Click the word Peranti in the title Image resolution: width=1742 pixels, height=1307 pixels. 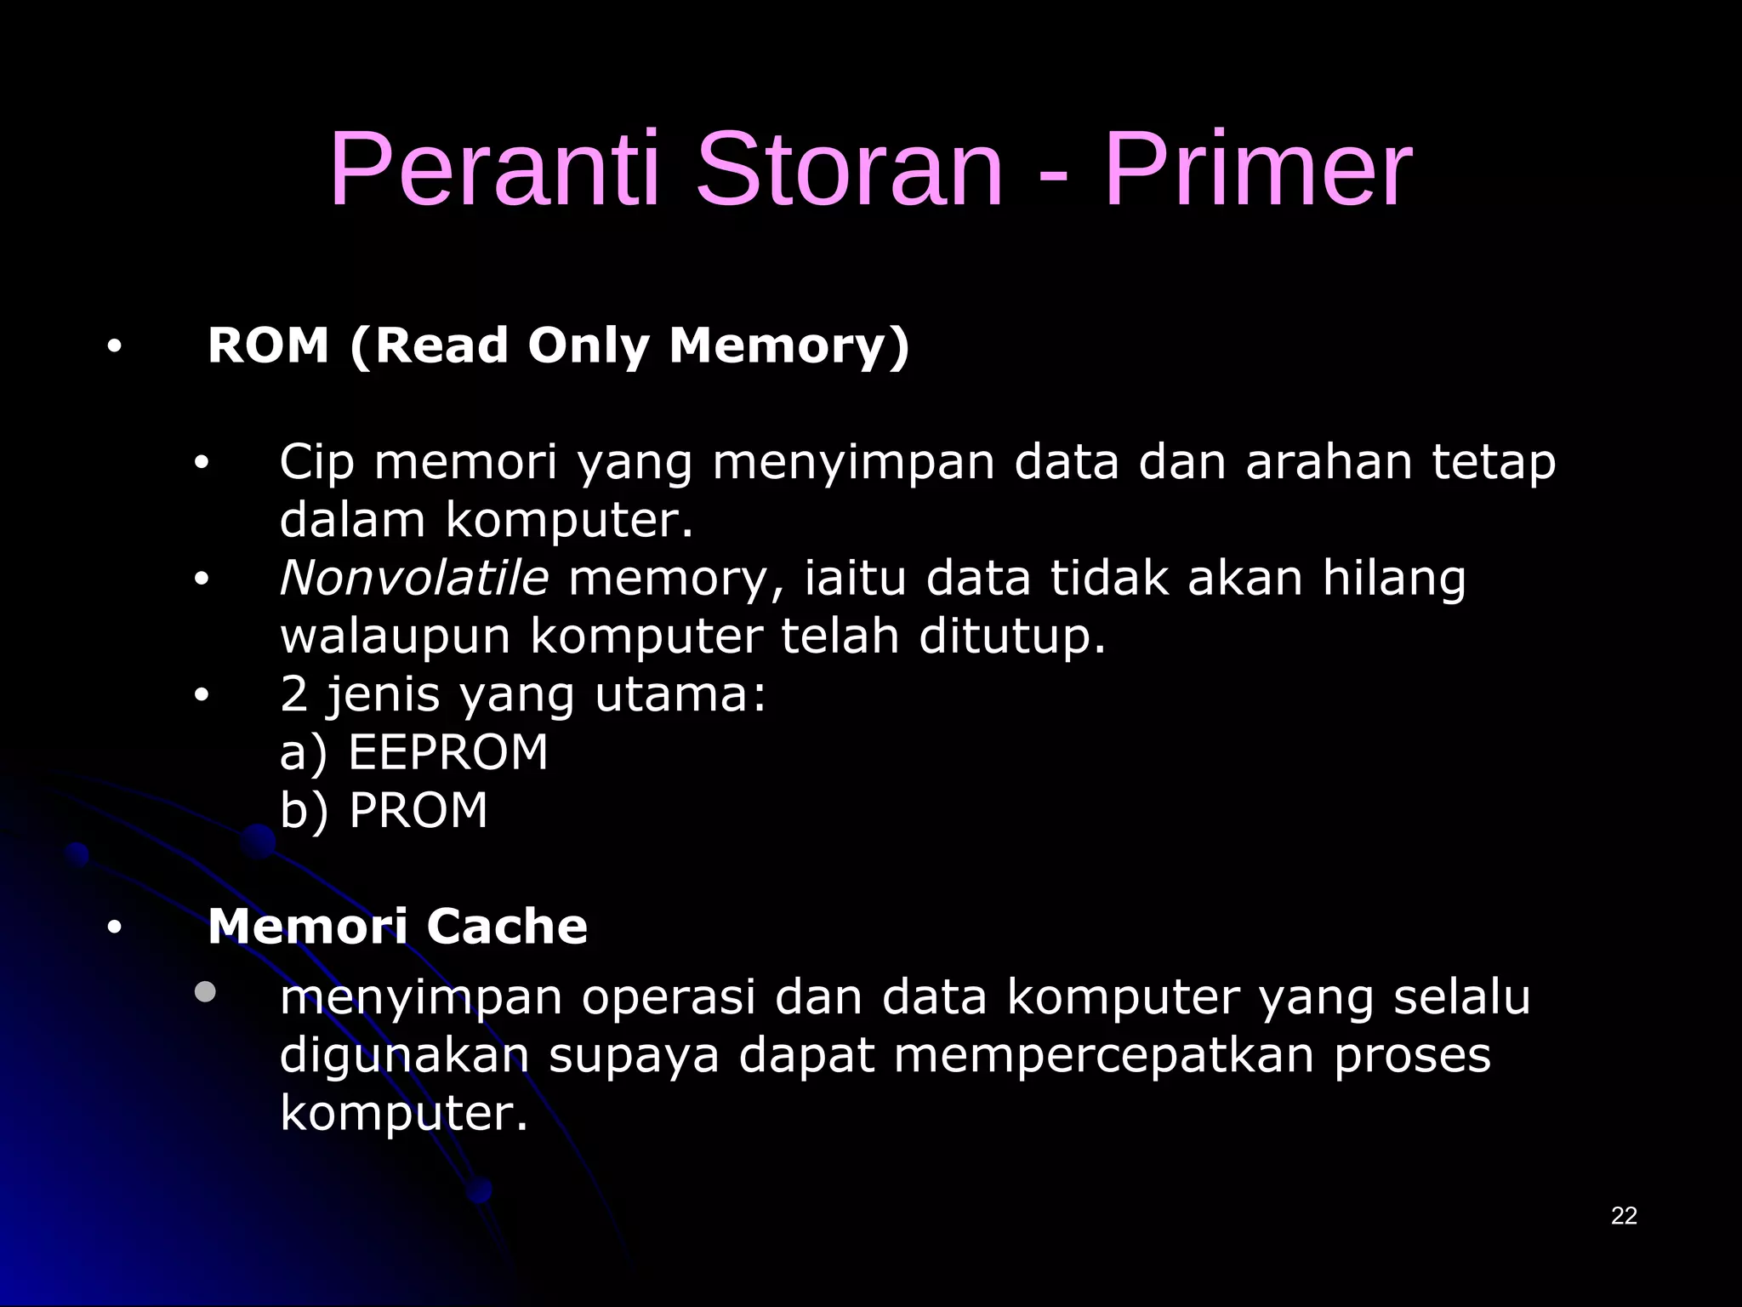(x=494, y=169)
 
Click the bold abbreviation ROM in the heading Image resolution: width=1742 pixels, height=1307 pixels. (x=268, y=345)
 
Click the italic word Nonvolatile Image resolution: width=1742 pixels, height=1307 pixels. (x=414, y=578)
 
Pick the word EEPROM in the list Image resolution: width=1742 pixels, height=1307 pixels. (x=448, y=752)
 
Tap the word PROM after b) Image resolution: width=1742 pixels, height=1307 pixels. (x=418, y=810)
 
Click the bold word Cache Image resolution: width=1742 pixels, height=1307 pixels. (x=507, y=926)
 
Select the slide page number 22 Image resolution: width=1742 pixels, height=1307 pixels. (x=1624, y=1215)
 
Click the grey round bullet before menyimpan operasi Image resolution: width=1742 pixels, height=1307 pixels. (x=205, y=992)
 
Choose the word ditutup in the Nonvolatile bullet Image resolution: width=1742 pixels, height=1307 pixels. (x=1012, y=636)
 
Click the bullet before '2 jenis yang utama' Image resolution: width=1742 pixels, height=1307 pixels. (x=201, y=695)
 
